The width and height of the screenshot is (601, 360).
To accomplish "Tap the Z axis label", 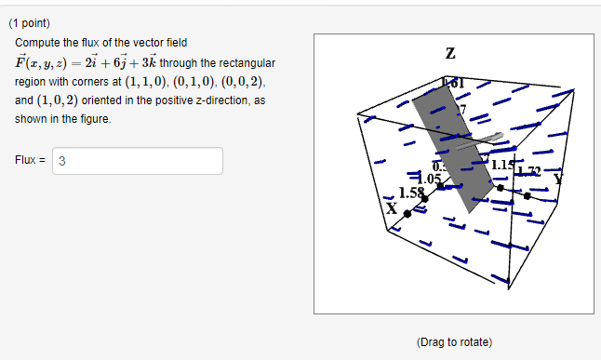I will pyautogui.click(x=450, y=54).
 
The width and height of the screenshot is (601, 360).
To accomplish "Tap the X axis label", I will pyautogui.click(x=392, y=208).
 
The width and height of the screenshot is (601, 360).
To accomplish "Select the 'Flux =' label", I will pyautogui.click(x=31, y=160).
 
